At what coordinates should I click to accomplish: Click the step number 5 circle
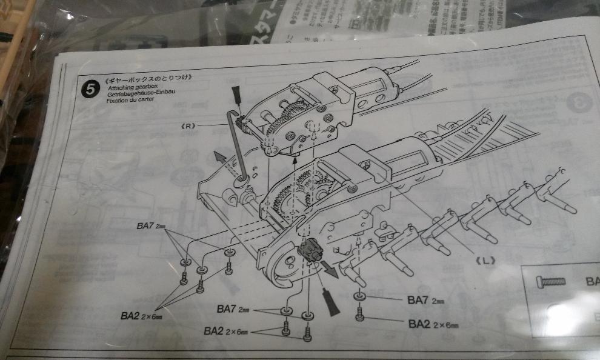(90, 90)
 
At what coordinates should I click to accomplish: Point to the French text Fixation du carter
(130, 100)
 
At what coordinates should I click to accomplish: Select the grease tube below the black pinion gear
(328, 301)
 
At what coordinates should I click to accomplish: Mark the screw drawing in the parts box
(550, 281)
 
